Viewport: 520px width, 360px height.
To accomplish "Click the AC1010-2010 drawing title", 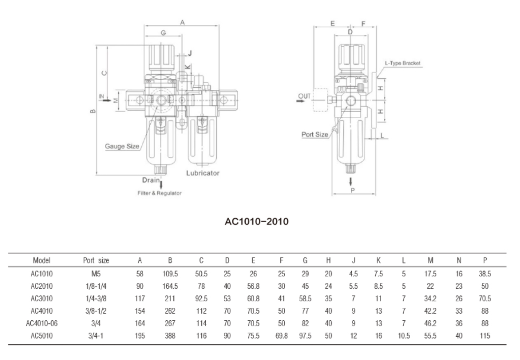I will (x=256, y=222).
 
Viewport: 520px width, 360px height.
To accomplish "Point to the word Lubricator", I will (x=203, y=173).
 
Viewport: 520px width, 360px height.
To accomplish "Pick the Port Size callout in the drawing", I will (x=315, y=135).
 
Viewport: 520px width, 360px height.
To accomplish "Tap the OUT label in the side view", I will (x=305, y=95).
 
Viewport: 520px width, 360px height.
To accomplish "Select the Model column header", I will (x=42, y=260).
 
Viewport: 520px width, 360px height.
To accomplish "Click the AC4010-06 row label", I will (x=42, y=323).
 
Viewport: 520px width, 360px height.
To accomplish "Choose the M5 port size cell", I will (x=96, y=274).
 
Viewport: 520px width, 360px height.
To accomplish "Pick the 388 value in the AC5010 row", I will (x=170, y=336).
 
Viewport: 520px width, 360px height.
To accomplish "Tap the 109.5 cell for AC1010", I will (x=170, y=274).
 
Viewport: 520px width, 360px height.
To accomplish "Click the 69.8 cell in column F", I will (x=281, y=336).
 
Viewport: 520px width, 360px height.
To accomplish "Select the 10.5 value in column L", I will (x=405, y=336).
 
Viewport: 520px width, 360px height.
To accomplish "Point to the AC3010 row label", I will (x=42, y=299).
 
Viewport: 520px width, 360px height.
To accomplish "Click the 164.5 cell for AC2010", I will (x=170, y=286).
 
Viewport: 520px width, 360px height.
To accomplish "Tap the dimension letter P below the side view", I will (x=353, y=190).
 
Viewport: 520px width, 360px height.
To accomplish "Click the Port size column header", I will (x=96, y=260).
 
